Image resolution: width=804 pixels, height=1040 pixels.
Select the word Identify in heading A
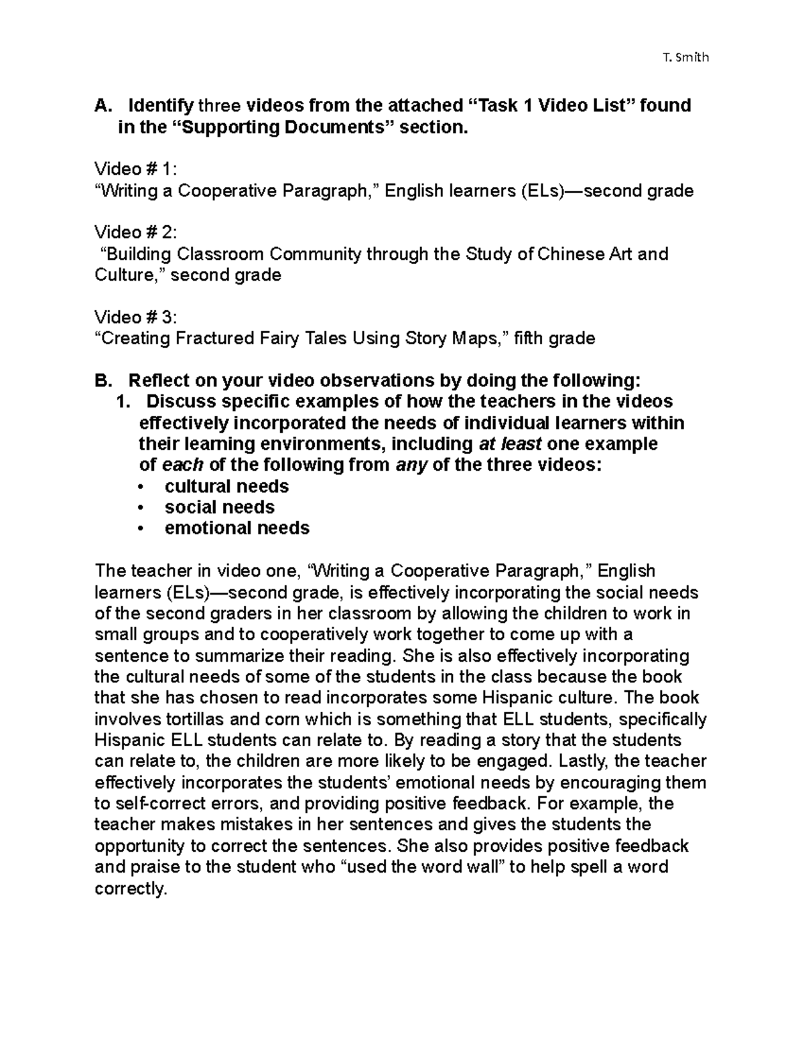[x=161, y=106]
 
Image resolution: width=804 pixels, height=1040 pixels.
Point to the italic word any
[x=411, y=465]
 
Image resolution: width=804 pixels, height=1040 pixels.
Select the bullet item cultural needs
[x=226, y=486]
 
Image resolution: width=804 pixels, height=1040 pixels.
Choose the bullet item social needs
[x=219, y=507]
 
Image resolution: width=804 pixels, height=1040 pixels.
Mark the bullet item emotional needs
[x=237, y=528]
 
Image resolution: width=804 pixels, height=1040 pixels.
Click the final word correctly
[x=130, y=889]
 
